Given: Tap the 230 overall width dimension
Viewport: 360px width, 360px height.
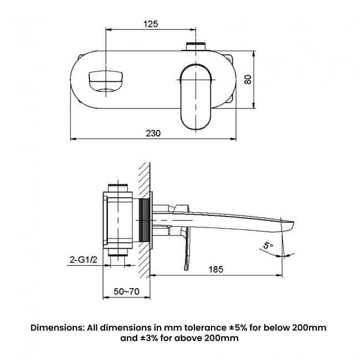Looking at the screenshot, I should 153,133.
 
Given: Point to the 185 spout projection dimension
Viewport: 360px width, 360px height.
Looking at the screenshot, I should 216,269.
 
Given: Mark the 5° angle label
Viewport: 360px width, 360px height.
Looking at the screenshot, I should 269,244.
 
